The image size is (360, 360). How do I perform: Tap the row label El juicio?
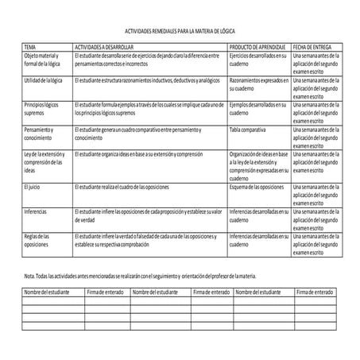click(33, 186)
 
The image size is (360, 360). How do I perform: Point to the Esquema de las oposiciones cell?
click(256, 186)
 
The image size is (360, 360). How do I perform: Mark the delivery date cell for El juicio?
click(316, 195)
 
